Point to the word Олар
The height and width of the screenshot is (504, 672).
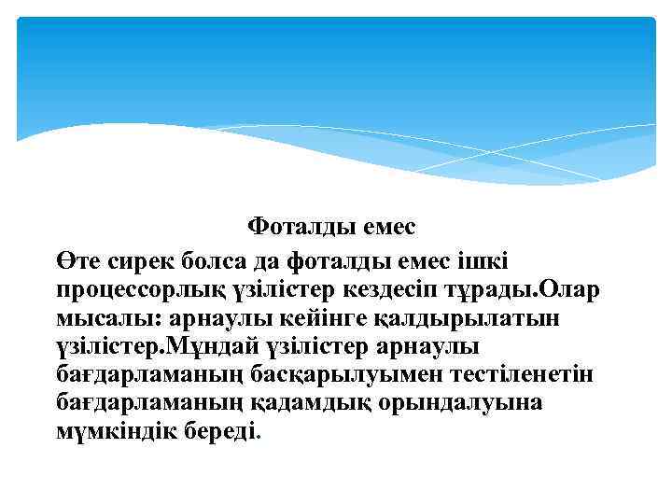coord(569,287)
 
